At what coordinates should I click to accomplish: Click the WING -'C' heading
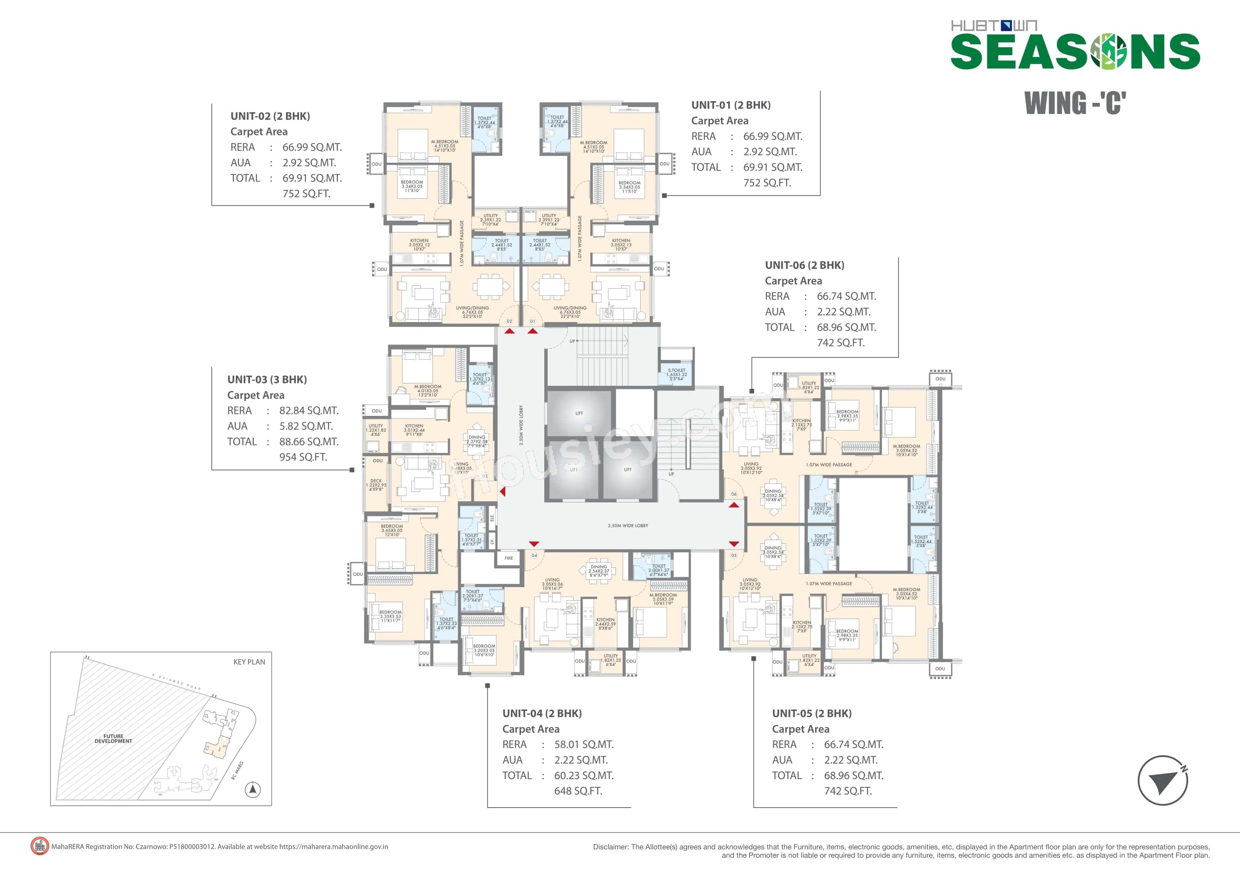click(1075, 103)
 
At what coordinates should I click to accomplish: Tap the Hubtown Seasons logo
click(1075, 46)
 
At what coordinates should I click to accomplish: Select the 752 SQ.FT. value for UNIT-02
click(306, 193)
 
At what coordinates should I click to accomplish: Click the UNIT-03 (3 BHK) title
click(267, 379)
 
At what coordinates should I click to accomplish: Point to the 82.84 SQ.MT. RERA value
click(309, 411)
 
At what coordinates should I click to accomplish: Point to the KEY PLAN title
click(249, 662)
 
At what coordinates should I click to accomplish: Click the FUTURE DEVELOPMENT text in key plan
click(114, 739)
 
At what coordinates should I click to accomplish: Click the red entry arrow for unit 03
click(502, 492)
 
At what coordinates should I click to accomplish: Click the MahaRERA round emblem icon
click(39, 846)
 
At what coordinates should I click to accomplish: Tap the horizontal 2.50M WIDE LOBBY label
click(627, 525)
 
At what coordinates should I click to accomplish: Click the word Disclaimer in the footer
click(611, 847)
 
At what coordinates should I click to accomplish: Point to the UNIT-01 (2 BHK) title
click(731, 105)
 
